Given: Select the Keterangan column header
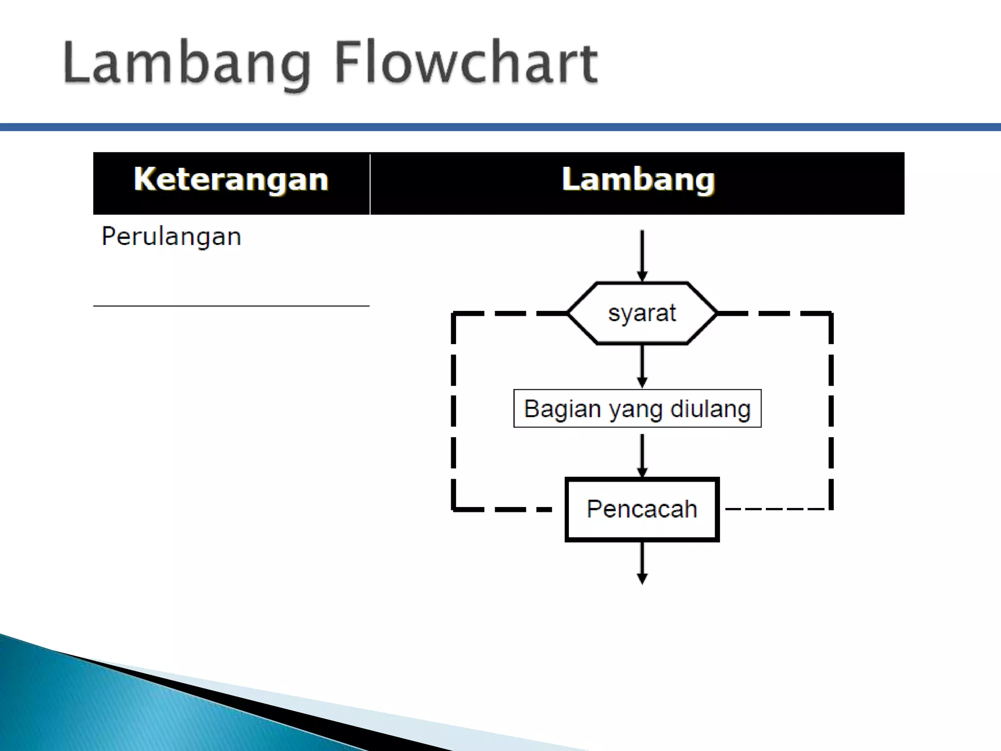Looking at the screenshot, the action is click(231, 179).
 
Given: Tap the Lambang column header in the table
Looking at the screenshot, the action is click(638, 179).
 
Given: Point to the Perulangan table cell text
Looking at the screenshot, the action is click(171, 237).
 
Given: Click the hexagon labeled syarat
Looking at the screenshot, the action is click(642, 313).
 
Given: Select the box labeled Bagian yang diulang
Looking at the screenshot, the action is click(637, 409).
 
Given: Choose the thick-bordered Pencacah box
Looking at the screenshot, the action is click(642, 509).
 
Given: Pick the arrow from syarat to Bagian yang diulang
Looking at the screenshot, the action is click(642, 366).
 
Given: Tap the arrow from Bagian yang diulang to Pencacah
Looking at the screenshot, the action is click(642, 455).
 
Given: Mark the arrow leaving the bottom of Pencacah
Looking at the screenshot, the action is click(642, 562).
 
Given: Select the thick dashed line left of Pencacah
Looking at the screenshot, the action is click(503, 509).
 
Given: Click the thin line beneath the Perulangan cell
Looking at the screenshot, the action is click(231, 306).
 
